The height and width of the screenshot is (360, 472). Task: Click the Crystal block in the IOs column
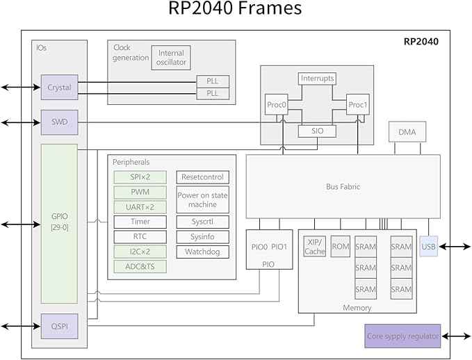pyautogui.click(x=59, y=88)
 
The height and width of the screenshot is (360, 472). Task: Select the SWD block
pyautogui.click(x=59, y=122)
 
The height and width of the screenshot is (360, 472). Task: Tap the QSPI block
pyautogui.click(x=59, y=326)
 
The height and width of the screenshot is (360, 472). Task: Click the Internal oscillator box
pyautogui.click(x=171, y=58)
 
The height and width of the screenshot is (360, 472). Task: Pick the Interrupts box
pyautogui.click(x=317, y=79)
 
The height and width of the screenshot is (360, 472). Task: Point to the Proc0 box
pyautogui.click(x=277, y=104)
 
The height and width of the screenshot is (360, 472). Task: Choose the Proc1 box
pyautogui.click(x=358, y=104)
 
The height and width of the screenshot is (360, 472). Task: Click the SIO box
pyautogui.click(x=317, y=131)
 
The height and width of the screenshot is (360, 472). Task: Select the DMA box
pyautogui.click(x=407, y=132)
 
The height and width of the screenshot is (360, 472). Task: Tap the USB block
pyautogui.click(x=429, y=247)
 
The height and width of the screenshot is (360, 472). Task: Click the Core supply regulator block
pyautogui.click(x=402, y=336)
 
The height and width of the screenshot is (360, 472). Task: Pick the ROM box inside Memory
pyautogui.click(x=341, y=247)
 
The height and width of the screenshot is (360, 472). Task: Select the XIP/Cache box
pyautogui.click(x=315, y=247)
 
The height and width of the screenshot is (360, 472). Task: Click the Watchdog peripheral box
pyautogui.click(x=202, y=252)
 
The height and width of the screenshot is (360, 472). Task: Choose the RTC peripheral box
pyautogui.click(x=140, y=236)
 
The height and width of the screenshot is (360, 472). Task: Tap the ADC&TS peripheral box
pyautogui.click(x=140, y=266)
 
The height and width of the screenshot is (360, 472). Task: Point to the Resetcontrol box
pyautogui.click(x=202, y=177)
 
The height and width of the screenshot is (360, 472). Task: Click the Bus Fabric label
pyautogui.click(x=343, y=187)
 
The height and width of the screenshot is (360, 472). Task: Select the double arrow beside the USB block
pyautogui.click(x=455, y=247)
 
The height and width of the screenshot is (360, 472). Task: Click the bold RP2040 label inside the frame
pyautogui.click(x=421, y=42)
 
